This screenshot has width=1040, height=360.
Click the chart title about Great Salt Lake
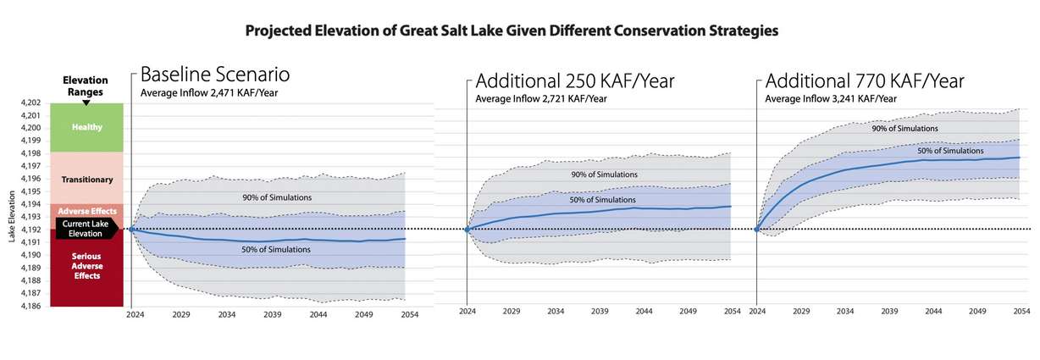[511, 30]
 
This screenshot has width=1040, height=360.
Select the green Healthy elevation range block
[87, 127]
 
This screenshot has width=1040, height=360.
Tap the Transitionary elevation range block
[87, 179]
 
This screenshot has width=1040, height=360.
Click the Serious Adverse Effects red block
[87, 266]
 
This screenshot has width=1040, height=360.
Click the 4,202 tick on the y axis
[29, 102]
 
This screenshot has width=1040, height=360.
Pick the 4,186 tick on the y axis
[29, 306]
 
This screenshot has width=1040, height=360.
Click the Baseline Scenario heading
[214, 74]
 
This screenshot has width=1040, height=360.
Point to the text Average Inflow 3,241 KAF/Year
[831, 99]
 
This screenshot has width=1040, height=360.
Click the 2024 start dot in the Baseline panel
[131, 230]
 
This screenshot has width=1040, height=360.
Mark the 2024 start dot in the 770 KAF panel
[755, 230]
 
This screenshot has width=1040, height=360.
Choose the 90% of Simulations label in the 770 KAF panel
[904, 129]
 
